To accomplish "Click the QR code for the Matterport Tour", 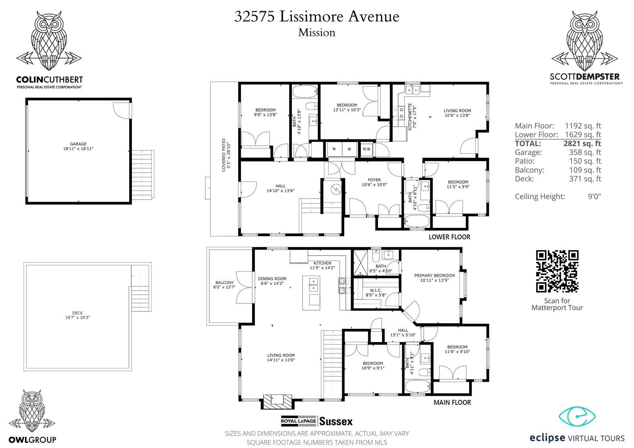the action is click(557, 271).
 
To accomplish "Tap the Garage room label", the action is click(78, 144).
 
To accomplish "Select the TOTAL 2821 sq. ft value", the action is click(582, 143).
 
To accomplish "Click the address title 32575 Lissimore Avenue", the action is click(317, 16).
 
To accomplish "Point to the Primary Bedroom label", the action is click(435, 275).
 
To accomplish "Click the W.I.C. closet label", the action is click(376, 290).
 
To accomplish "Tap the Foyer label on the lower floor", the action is click(374, 180).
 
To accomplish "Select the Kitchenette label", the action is click(410, 117).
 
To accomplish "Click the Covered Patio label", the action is click(224, 155).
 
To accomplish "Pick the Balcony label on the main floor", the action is click(224, 282).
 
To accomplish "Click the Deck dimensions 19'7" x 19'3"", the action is click(78, 318).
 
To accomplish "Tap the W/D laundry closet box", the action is click(366, 149).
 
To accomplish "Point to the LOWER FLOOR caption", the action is click(450, 237).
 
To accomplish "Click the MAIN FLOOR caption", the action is click(452, 402).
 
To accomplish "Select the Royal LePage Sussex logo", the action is click(317, 421).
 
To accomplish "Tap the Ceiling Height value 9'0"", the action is click(594, 196).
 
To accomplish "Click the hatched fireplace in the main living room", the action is click(278, 401).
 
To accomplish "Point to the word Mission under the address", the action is click(317, 32).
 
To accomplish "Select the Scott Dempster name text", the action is click(585, 76).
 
